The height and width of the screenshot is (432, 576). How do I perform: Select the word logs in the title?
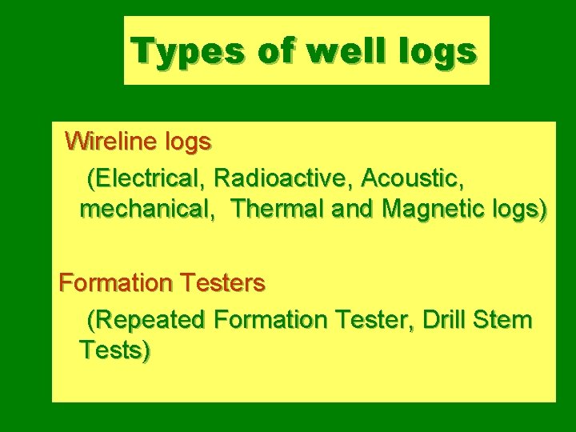(x=440, y=51)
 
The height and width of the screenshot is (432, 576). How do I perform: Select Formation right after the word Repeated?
(x=271, y=320)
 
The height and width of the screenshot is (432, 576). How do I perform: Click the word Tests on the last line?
(x=115, y=350)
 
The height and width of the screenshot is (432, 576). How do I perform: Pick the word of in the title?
(x=273, y=51)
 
